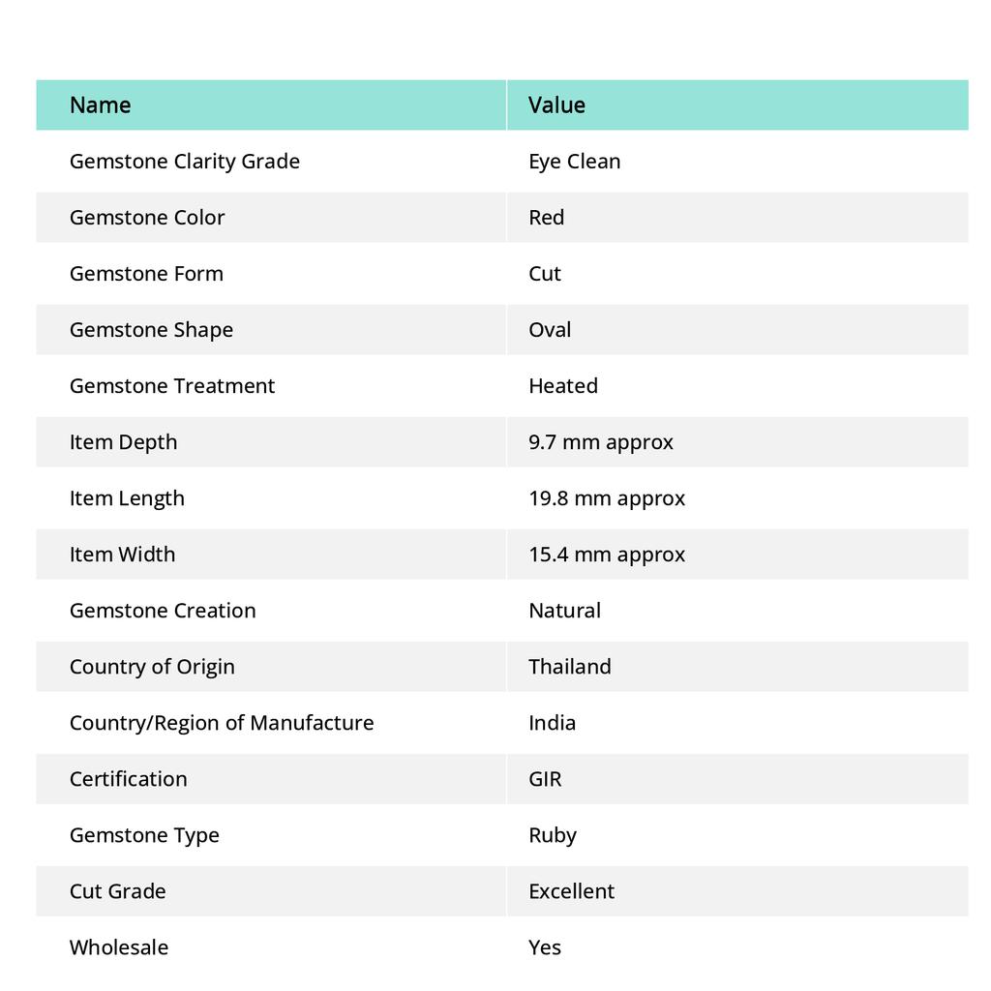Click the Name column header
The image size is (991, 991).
[x=100, y=105]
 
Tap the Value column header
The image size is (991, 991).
[x=556, y=105]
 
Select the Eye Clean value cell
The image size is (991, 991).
[x=574, y=162]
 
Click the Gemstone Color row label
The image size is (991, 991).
[x=147, y=218]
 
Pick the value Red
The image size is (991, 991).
[x=546, y=218]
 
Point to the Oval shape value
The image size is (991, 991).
[x=550, y=330]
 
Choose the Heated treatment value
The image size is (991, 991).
[x=562, y=386]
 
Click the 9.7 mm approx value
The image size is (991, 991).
[x=600, y=442]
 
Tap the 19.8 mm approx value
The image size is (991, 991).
[x=606, y=498]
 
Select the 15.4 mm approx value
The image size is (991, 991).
[x=606, y=555]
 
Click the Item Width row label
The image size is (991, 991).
[x=122, y=555]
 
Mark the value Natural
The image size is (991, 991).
[x=564, y=611]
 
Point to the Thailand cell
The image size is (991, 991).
[x=569, y=667]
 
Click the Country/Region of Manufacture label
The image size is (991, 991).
[x=221, y=723]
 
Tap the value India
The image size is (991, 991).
[x=552, y=723]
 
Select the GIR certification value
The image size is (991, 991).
[x=545, y=779]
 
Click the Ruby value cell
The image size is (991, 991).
[x=552, y=835]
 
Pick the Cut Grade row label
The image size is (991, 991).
[x=117, y=891]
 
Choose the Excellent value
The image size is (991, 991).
[x=571, y=891]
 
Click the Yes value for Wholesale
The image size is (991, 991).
[x=544, y=947]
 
